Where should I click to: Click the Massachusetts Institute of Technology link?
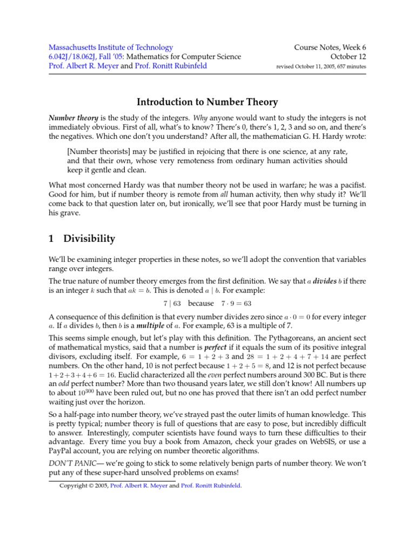pyautogui.click(x=111, y=48)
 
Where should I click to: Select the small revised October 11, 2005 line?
pyautogui.click(x=321, y=66)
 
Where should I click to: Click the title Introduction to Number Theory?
pyautogui.click(x=207, y=102)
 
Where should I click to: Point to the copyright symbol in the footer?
pyautogui.click(x=90, y=485)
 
